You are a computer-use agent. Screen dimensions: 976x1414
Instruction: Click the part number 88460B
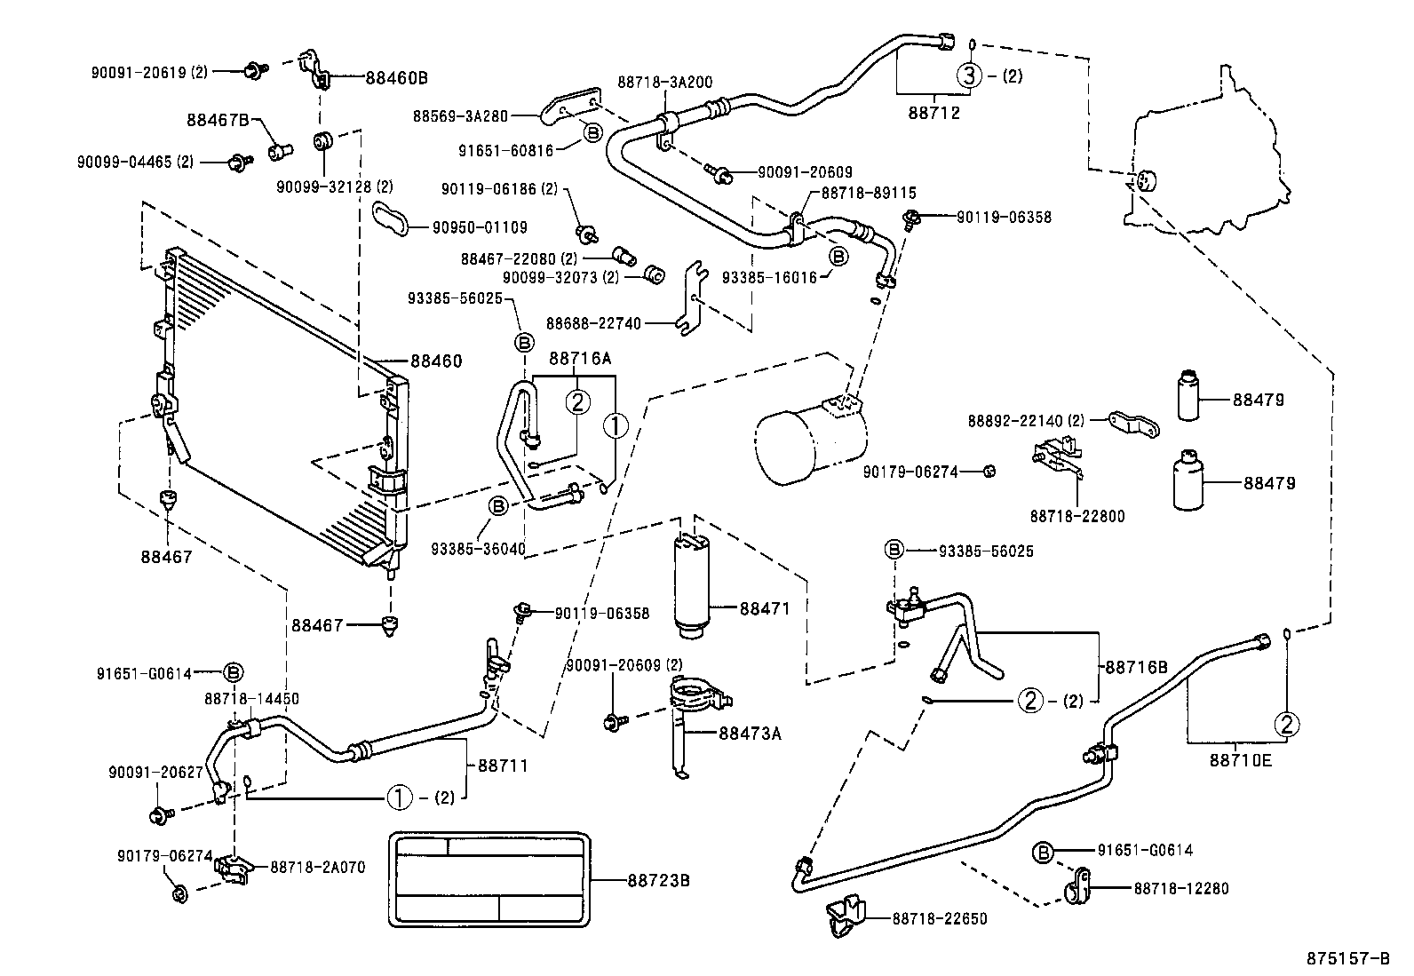(x=396, y=77)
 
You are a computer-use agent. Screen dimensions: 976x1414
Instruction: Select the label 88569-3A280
(x=460, y=115)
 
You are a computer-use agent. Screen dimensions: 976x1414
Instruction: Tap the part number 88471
(x=765, y=608)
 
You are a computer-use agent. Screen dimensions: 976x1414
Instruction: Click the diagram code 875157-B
(x=1347, y=958)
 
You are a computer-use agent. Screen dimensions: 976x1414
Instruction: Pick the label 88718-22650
(x=939, y=919)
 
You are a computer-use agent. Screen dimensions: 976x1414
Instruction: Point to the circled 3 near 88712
(x=969, y=75)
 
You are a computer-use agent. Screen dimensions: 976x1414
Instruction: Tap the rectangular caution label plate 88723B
(x=490, y=880)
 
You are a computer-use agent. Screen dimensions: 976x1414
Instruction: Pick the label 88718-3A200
(x=664, y=82)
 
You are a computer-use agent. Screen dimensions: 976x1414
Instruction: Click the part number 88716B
(x=1136, y=666)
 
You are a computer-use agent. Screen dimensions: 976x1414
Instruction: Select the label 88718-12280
(x=1181, y=888)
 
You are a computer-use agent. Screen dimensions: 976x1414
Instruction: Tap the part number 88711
(x=503, y=765)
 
